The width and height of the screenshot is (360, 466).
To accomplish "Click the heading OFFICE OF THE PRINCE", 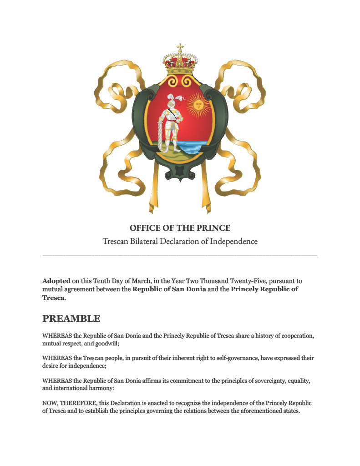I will (180, 228).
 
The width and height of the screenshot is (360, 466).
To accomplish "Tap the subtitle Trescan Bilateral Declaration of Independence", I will (180, 241).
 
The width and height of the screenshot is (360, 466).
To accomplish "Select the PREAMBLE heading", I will (71, 318).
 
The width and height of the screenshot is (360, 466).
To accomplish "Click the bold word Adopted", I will (56, 281).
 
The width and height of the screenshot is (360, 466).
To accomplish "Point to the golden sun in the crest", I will (198, 106).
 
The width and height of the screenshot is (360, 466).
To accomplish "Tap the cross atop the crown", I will (180, 47).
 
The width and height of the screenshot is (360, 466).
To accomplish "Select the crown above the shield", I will (180, 64).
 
